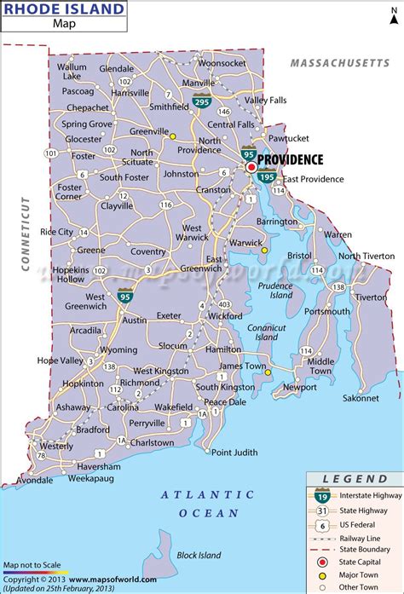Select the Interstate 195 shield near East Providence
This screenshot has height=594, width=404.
[x=267, y=177]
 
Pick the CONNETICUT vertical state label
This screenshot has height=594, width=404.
[x=26, y=234]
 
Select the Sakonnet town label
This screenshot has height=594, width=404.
[x=361, y=398]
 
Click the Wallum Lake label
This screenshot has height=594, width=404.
[x=72, y=71]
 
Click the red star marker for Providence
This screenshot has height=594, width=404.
[x=251, y=168]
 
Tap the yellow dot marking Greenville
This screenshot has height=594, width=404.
[x=171, y=136]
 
